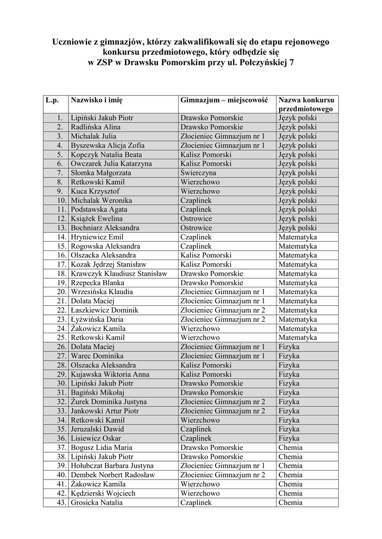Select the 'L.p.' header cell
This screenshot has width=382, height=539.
click(53, 99)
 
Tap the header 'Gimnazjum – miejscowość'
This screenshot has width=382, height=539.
click(224, 99)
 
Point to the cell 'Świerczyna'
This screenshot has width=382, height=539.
click(198, 173)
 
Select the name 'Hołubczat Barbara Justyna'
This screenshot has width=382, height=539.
click(112, 465)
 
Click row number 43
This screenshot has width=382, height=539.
click(61, 502)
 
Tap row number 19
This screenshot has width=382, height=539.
click(61, 283)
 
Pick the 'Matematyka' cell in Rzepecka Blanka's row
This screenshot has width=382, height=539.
click(298, 283)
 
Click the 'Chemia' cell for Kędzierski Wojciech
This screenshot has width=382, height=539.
click(290, 493)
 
